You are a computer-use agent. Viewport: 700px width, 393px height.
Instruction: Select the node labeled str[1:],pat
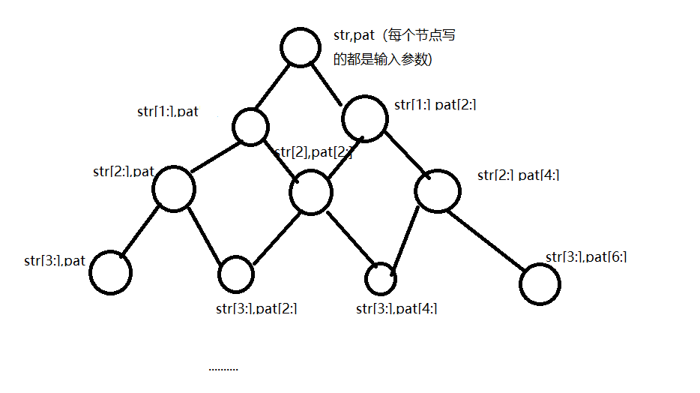[x=250, y=126]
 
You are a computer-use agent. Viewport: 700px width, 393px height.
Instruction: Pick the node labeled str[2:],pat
[x=173, y=187]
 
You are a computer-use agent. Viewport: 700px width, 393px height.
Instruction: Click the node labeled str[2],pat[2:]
[x=311, y=193]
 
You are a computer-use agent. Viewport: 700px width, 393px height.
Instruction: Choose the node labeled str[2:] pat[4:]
[x=436, y=193]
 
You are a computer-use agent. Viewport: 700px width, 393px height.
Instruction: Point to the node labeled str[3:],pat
[x=110, y=272]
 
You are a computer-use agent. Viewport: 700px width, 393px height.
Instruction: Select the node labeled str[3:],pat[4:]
[x=380, y=278]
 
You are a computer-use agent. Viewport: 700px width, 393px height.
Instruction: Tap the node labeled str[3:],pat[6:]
[x=539, y=283]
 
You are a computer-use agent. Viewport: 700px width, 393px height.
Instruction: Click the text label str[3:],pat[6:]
[x=586, y=257]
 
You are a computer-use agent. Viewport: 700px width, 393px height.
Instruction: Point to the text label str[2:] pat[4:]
[x=518, y=175]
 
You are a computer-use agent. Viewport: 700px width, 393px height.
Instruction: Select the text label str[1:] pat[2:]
[x=435, y=105]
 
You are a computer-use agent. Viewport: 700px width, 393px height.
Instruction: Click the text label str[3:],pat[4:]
[x=396, y=308]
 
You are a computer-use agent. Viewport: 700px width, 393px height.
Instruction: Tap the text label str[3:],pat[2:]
[x=256, y=308]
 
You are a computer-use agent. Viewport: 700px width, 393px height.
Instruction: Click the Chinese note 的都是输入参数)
[x=382, y=59]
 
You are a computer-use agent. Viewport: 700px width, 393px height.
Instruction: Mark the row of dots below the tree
[x=223, y=368]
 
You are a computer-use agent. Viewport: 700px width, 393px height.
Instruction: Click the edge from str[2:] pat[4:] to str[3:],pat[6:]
[x=488, y=238]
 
